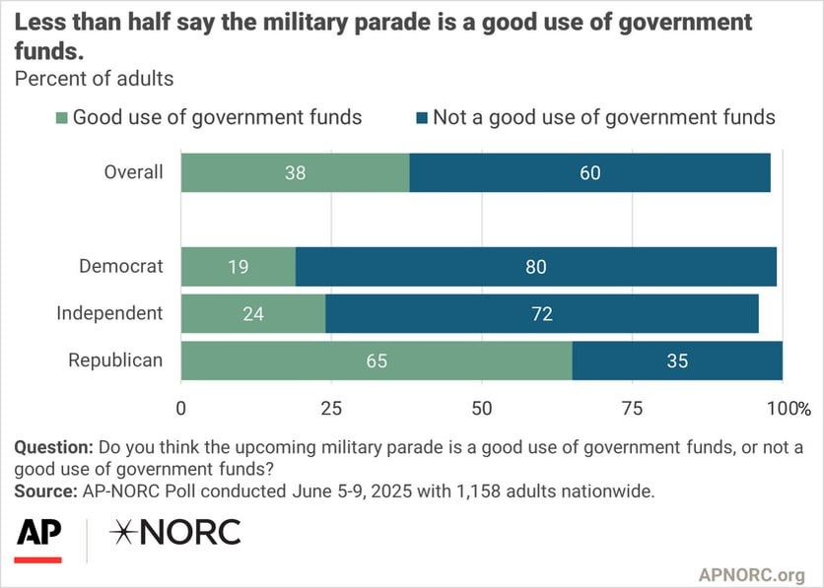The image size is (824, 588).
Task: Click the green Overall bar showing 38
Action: pos(295,172)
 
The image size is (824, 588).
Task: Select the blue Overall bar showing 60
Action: pos(589,172)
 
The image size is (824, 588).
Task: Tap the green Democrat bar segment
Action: pos(238,266)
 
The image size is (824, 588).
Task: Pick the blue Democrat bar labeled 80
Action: pos(535,266)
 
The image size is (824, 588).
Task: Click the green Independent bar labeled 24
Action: pos(252,314)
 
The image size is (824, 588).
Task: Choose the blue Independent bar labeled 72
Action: pos(541,314)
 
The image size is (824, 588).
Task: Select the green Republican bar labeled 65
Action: pos(376,360)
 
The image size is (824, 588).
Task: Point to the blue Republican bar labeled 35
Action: pos(676,360)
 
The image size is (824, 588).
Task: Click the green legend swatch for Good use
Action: pos(61,118)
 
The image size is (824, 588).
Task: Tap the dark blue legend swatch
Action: pos(422,118)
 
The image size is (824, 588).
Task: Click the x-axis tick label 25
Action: pos(331,408)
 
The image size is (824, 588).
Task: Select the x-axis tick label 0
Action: pos(181,408)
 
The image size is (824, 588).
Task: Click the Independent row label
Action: pos(109,313)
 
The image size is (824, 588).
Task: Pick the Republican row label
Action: pos(114,360)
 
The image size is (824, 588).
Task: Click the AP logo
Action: pos(38,533)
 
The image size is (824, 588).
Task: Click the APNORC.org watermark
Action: pos(752,573)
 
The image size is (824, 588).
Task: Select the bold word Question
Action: pos(54,447)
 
